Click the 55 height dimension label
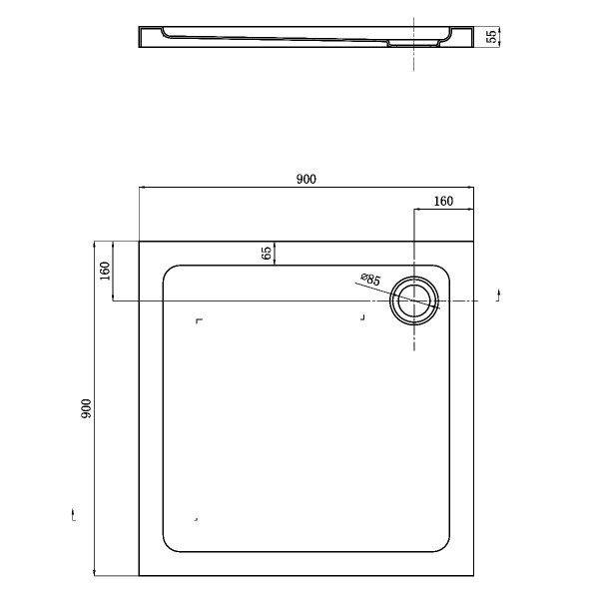click(492, 36)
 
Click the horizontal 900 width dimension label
click(306, 179)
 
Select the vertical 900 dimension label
click(86, 408)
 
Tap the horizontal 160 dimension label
click(443, 201)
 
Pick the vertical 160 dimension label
click(104, 271)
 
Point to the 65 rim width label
click(266, 253)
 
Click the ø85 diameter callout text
click(370, 280)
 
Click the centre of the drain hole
click(414, 300)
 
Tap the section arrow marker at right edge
click(498, 296)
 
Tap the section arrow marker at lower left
click(73, 514)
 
